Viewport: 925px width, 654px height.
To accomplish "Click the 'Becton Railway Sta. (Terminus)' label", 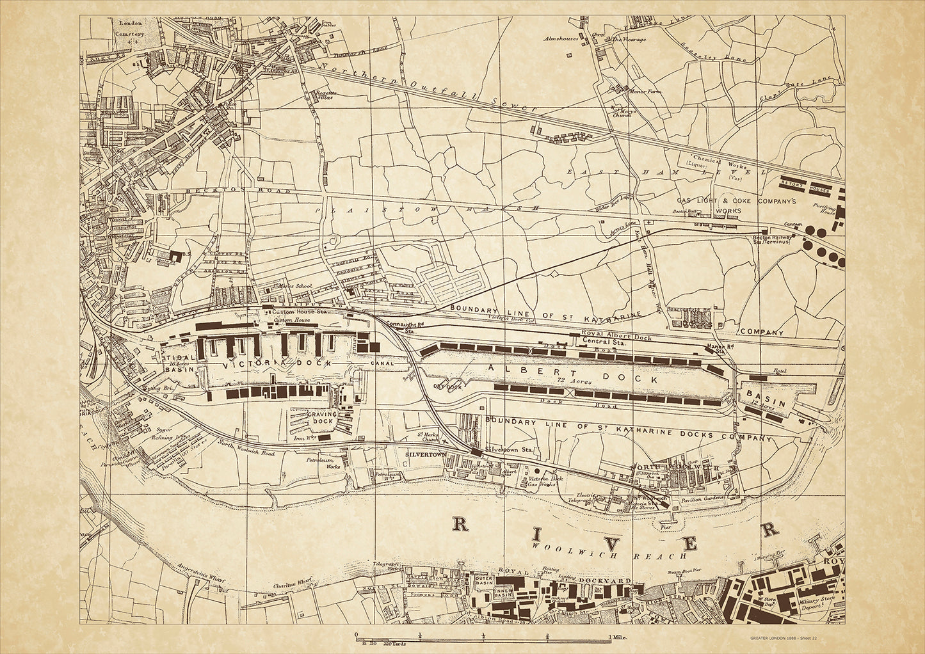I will [x=771, y=239].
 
